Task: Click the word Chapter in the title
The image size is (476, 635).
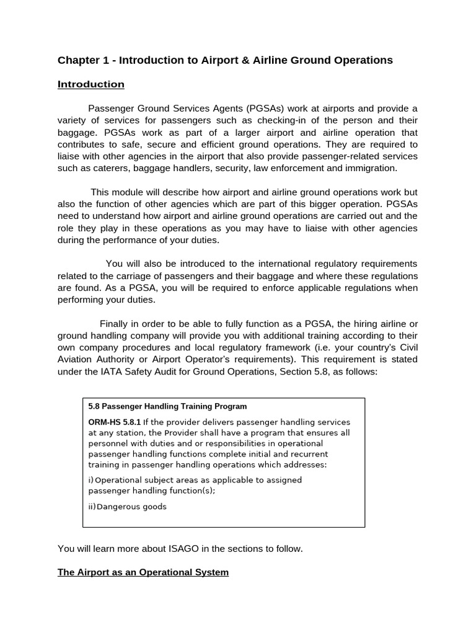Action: pyautogui.click(x=79, y=60)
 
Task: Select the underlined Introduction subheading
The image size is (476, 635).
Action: pyautogui.click(x=91, y=84)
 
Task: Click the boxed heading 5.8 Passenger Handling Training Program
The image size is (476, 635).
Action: pyautogui.click(x=167, y=407)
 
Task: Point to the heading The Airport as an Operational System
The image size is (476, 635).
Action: pyautogui.click(x=143, y=572)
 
